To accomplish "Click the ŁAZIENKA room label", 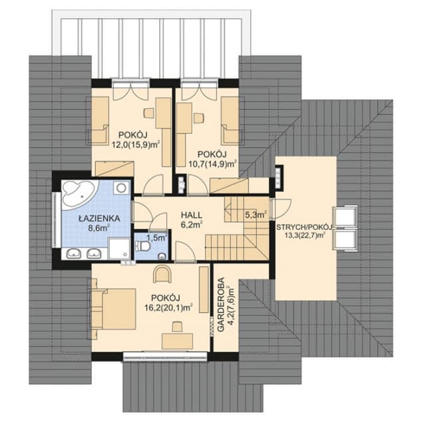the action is point(99,218).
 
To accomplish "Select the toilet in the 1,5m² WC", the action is point(143,246).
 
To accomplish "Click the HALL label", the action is point(191,215).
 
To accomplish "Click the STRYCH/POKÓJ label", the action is point(304,227).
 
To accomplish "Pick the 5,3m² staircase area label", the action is point(256,215).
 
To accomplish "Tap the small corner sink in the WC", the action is point(162,256).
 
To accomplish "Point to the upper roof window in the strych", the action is point(345,216).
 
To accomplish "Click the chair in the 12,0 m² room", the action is point(148,112).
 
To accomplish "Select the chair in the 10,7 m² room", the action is point(198,118).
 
